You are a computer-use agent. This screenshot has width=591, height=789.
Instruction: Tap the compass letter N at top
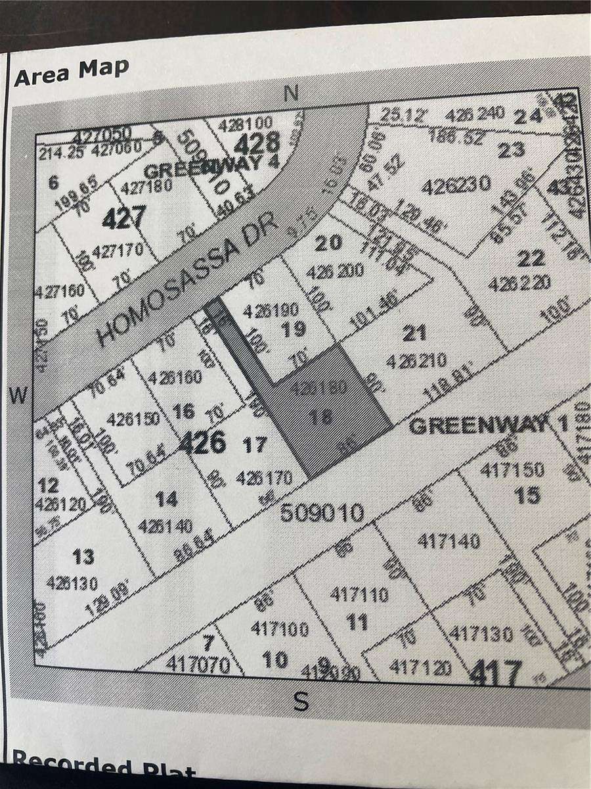[292, 94]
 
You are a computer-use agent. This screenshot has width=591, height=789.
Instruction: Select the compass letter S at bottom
[300, 702]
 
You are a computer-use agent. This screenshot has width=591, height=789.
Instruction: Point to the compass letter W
[20, 395]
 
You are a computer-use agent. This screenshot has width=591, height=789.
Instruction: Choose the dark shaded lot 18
[326, 412]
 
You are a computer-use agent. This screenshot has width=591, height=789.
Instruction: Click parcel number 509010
[322, 513]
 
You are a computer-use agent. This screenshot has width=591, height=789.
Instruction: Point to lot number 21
[414, 334]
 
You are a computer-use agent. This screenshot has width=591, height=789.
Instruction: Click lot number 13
[83, 558]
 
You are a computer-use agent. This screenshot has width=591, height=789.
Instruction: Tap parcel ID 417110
[359, 595]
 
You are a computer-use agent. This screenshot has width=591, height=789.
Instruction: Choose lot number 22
[531, 258]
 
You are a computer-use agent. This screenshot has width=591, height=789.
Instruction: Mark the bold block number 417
[501, 672]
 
